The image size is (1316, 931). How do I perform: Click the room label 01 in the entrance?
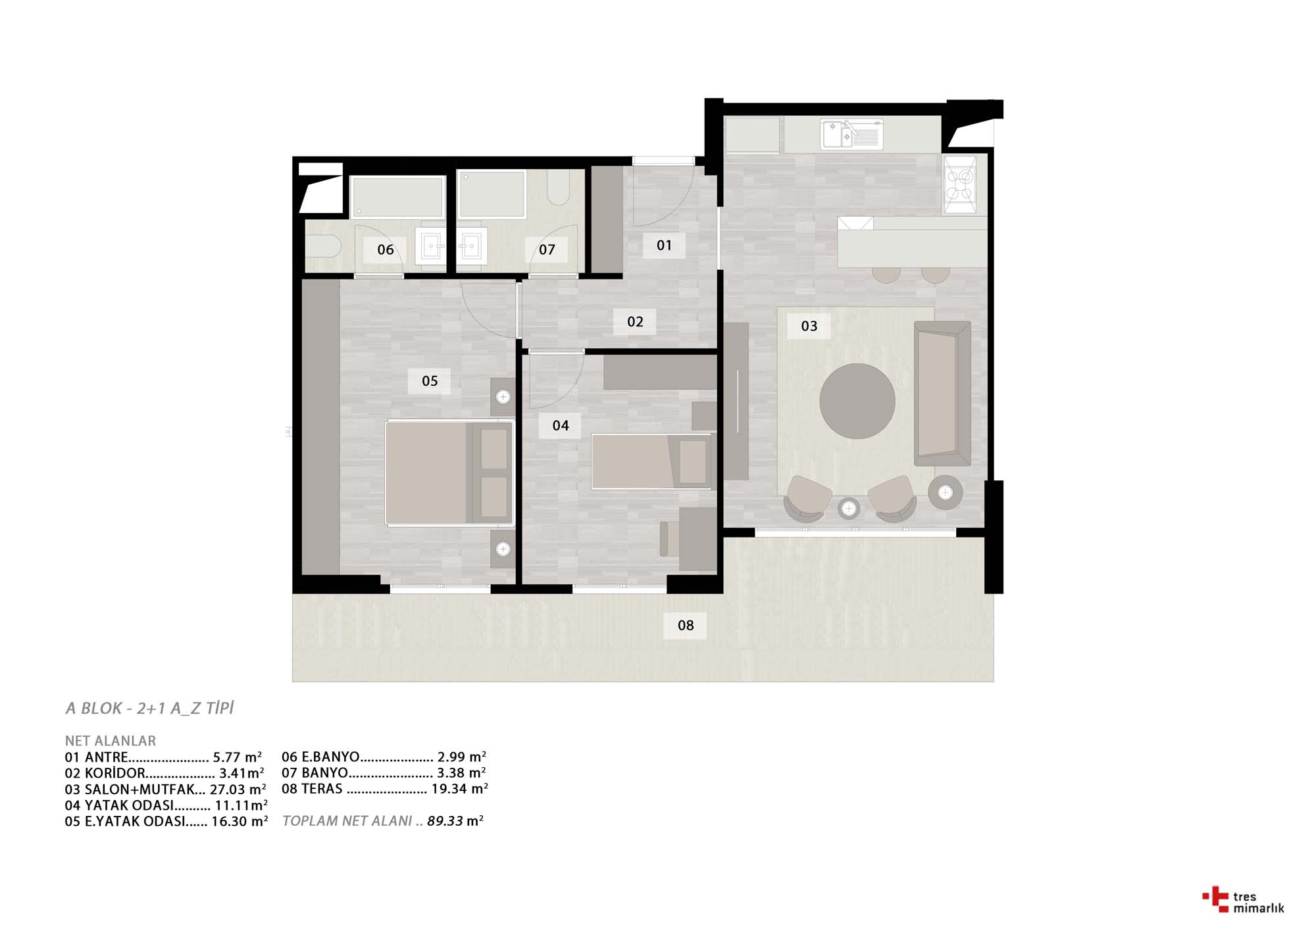point(664,245)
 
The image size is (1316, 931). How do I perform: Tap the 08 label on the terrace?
point(686,625)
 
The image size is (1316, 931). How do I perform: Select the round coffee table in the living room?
point(857,401)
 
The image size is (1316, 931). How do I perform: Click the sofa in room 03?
point(942,393)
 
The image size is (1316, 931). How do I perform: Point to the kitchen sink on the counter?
point(851,135)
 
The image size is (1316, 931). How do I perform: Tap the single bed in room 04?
point(651,461)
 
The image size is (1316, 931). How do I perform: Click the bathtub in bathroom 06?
point(397,197)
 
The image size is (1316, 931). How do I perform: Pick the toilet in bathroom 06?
point(322,247)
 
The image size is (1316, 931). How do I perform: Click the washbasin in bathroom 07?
point(471,246)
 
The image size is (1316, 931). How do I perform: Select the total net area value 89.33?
point(445,821)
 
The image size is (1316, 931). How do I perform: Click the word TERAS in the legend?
point(322,789)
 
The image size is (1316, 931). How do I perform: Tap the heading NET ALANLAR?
point(111,741)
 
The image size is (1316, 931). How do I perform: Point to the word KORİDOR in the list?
point(114,773)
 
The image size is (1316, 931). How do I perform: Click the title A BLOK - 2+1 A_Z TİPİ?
point(150,709)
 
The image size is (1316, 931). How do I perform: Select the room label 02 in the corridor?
point(635,322)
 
